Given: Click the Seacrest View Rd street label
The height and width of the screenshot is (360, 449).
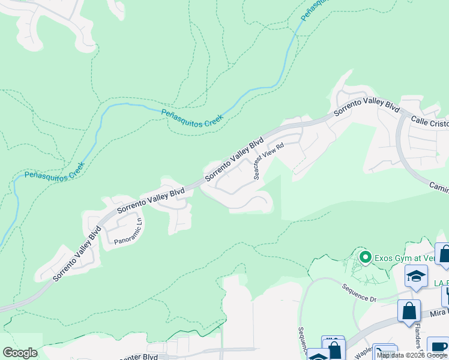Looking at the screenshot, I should (268, 161).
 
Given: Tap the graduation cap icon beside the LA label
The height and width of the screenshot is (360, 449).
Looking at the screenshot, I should (416, 277).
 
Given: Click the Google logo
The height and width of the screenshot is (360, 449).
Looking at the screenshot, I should (20, 353).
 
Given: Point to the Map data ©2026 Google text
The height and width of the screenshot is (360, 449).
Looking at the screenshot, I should (412, 355).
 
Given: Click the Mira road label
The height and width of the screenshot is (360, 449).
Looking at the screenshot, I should (438, 313).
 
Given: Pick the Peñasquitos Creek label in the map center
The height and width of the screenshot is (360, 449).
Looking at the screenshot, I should (192, 116).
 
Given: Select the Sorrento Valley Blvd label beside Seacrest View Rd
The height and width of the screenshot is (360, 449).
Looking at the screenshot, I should (234, 160).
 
